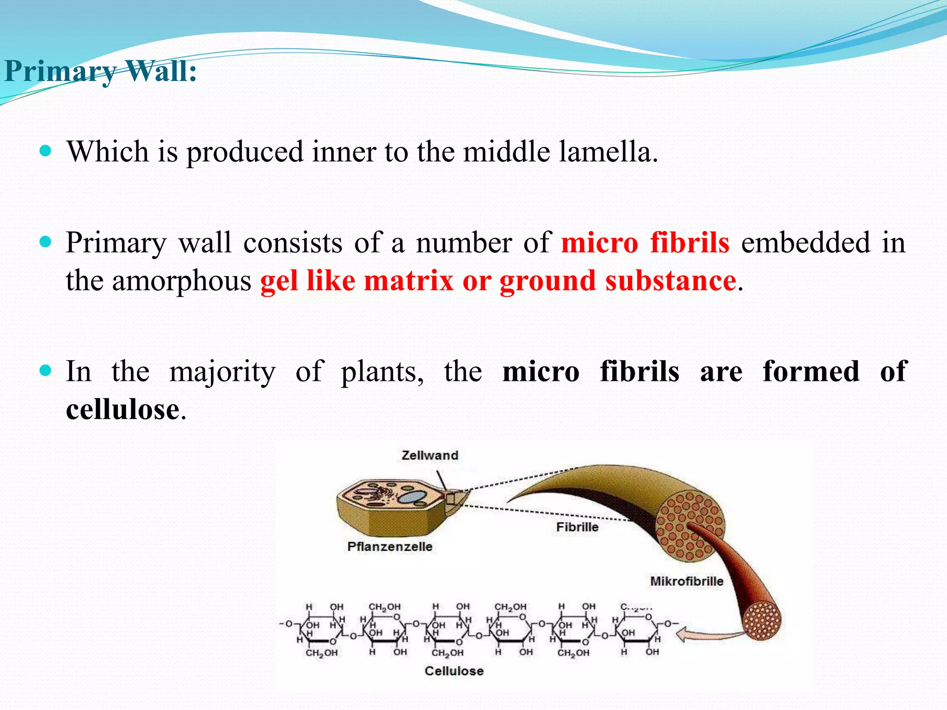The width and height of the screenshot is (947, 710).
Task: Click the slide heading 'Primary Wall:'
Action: click(x=100, y=72)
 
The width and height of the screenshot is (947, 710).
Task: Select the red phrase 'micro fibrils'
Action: click(x=645, y=243)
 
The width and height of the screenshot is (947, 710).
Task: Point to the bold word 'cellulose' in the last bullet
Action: click(x=123, y=410)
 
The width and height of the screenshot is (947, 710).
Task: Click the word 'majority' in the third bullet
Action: click(x=222, y=372)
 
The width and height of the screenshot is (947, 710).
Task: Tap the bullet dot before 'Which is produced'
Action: click(x=45, y=151)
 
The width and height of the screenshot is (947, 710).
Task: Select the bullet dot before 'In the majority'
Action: click(x=45, y=370)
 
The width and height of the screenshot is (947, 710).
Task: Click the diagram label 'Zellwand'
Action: click(x=430, y=455)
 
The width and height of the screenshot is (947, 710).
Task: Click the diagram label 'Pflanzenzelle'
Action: click(x=389, y=546)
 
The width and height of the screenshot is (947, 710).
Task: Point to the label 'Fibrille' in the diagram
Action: click(x=577, y=527)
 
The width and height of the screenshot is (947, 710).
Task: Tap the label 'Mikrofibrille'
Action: click(x=687, y=581)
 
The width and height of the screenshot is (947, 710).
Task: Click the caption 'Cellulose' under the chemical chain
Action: click(x=454, y=671)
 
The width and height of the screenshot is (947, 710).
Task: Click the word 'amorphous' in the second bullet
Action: click(x=181, y=281)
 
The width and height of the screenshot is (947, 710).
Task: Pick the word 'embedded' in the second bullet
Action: click(x=805, y=243)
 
